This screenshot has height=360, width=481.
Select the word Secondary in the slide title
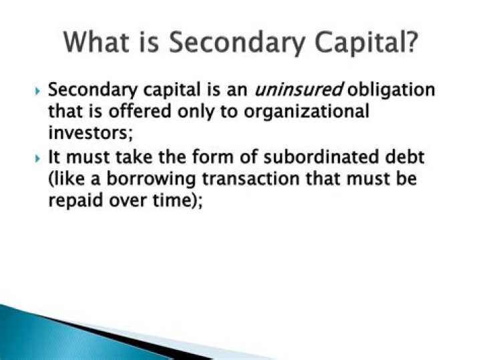point(237,43)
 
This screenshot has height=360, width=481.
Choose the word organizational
point(307,112)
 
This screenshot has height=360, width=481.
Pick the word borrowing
point(151,180)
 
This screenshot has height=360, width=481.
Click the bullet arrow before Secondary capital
point(37,91)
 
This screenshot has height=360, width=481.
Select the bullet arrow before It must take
point(37,158)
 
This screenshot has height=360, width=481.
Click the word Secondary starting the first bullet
point(93,90)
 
